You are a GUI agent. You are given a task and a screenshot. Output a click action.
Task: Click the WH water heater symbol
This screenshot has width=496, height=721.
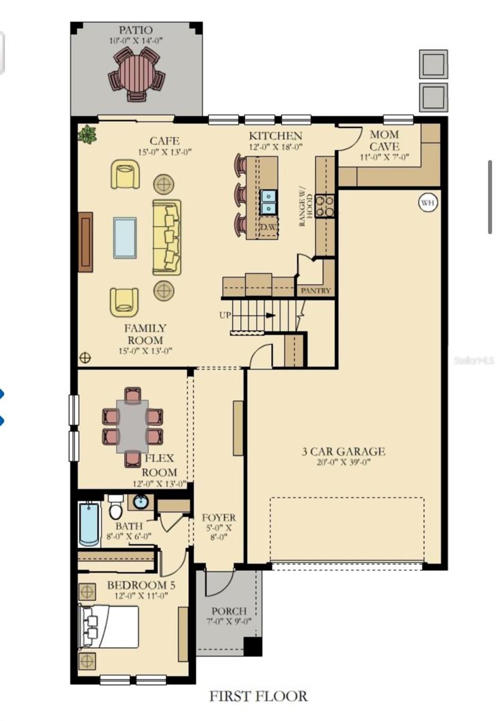pos(427,202)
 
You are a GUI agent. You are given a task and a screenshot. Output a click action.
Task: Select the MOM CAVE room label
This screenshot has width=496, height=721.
pos(384,141)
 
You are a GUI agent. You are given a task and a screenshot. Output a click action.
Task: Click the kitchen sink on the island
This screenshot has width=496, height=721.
pos(268,201)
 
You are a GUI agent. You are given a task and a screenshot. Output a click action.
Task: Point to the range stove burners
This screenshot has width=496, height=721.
pos(325,205)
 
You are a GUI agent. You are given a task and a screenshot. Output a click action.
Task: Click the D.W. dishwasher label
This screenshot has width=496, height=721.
pos(268,228)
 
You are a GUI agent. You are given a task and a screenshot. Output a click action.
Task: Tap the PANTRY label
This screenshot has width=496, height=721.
pos(316,291)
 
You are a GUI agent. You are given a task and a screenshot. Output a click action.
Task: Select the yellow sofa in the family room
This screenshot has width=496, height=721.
pos(167,237)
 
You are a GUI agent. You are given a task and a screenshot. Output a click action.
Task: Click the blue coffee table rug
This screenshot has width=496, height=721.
pos(124,237)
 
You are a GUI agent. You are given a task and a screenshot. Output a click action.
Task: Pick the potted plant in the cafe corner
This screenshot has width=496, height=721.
pos(88,134)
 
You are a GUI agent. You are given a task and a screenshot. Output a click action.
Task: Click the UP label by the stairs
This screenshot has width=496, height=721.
pos(225,315)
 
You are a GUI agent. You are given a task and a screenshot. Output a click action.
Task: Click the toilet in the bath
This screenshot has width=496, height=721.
pos(116,508)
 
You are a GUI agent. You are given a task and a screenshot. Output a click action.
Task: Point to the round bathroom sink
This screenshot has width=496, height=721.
pos(141,502)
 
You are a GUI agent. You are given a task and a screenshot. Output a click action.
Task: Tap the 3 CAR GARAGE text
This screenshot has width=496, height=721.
pos(343,452)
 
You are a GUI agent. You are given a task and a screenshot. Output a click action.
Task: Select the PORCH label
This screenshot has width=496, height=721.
pos(228,611)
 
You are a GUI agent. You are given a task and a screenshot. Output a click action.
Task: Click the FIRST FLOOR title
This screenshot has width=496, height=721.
pos(258,696)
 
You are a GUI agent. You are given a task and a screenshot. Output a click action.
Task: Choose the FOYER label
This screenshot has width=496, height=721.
pos(218,517)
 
